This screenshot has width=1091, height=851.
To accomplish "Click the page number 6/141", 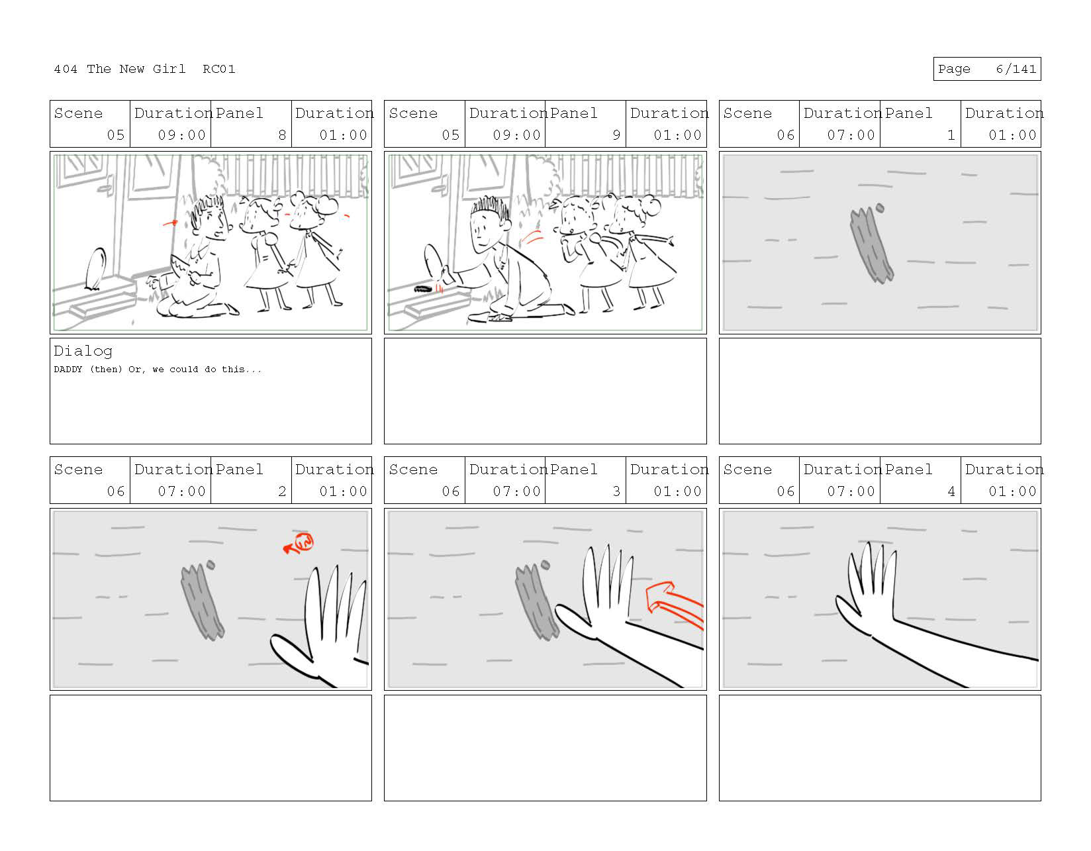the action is (x=1016, y=69).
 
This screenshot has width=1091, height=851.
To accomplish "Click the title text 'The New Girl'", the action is (x=136, y=69).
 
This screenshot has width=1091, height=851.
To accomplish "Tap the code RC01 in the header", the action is (x=219, y=69).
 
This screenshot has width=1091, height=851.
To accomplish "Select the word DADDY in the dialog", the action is (x=68, y=370).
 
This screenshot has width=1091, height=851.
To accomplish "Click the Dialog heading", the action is (x=83, y=351).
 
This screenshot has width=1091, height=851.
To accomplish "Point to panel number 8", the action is (x=282, y=135).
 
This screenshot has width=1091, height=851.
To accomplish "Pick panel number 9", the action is (x=616, y=135).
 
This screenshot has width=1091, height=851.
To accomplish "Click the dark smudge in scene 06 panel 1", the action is (x=871, y=246).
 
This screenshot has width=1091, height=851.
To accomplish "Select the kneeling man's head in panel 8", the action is (x=210, y=219).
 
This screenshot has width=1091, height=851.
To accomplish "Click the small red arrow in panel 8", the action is (x=170, y=223).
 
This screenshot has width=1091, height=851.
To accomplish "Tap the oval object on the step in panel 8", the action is (x=95, y=269).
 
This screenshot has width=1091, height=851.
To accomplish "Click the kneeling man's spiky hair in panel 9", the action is (x=490, y=207).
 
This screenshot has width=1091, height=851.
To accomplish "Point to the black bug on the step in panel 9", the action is (x=423, y=289).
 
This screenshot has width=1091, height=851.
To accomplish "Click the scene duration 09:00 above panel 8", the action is (x=182, y=135).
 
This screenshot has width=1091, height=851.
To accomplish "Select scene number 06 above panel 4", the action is (x=785, y=491).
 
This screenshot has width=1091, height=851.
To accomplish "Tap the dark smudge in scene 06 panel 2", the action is (x=202, y=602).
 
